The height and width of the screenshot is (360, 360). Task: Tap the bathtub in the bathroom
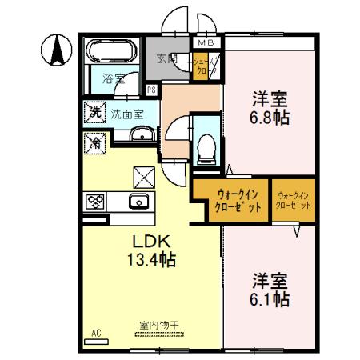(112, 54)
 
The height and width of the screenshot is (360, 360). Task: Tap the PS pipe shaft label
(151, 90)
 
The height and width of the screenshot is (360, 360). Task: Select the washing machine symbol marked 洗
(94, 113)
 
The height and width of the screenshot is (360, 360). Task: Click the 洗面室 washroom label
(128, 114)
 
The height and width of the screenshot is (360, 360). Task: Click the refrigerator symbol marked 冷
(94, 144)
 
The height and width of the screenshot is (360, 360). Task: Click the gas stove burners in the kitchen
(96, 202)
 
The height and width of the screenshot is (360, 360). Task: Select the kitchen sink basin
(137, 202)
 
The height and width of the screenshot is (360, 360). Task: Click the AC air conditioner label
(96, 332)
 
